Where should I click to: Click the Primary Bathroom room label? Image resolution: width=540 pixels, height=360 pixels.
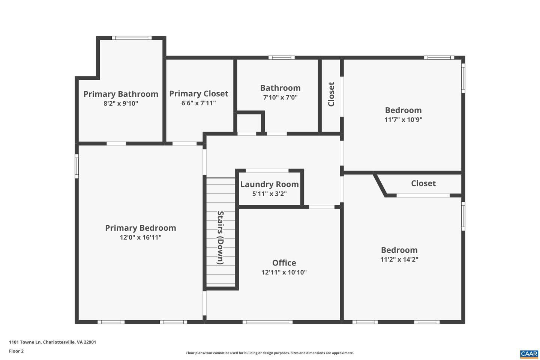click(121, 94)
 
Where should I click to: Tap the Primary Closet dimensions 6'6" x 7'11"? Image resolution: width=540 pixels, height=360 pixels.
click(198, 103)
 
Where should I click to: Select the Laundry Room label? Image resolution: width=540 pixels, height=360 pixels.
click(269, 184)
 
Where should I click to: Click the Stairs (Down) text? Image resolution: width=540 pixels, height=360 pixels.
click(221, 238)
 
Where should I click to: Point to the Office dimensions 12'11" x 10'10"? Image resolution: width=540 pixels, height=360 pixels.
click(284, 272)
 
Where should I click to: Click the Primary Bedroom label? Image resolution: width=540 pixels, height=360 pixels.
click(140, 228)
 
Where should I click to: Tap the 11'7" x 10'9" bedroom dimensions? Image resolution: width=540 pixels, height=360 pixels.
click(403, 120)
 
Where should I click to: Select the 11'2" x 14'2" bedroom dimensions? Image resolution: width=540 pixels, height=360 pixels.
click(399, 259)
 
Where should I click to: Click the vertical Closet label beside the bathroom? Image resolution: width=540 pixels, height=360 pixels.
click(331, 94)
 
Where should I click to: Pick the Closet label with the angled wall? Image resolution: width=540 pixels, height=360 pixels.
click(423, 183)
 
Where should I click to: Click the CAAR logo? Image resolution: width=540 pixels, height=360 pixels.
click(529, 354)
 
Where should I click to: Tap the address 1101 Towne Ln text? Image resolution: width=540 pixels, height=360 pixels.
click(52, 342)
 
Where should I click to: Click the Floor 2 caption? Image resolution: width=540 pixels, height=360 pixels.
click(16, 351)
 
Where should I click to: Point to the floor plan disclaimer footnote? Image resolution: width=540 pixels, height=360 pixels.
click(270, 353)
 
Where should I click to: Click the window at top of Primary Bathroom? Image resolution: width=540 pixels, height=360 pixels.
click(132, 38)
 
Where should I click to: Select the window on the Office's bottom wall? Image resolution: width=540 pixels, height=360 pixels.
click(267, 322)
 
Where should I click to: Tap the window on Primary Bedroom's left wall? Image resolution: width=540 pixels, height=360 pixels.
click(77, 168)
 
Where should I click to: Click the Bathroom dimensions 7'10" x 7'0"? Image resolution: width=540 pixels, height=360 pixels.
click(280, 97)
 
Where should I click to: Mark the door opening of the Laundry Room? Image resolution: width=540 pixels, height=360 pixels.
click(267, 171)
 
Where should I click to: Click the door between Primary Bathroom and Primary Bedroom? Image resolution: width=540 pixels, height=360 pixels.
click(116, 143)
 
